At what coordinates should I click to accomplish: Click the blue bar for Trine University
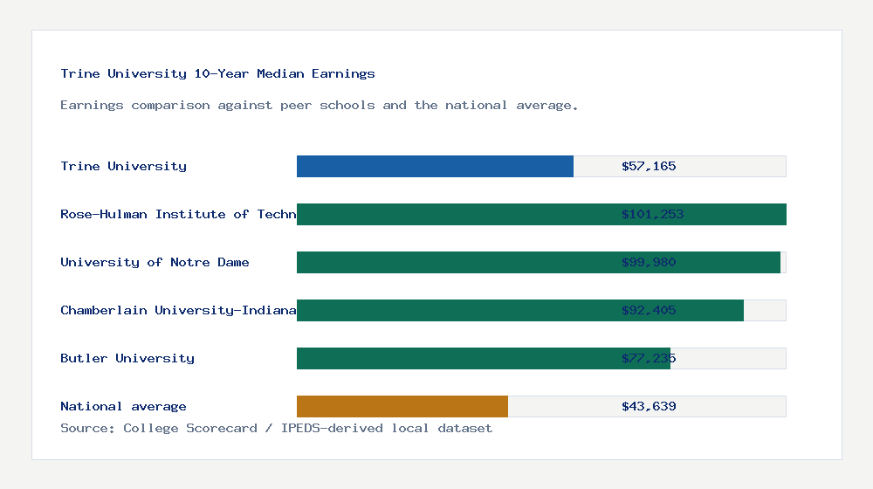[435, 166]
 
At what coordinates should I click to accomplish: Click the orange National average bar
[402, 406]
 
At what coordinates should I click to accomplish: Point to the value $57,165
[649, 166]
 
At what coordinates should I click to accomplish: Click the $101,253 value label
[652, 214]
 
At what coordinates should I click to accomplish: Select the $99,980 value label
[649, 262]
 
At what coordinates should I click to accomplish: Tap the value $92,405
[649, 310]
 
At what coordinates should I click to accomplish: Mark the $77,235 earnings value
[649, 358]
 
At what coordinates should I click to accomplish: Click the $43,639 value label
[649, 406]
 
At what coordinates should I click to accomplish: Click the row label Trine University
[123, 166]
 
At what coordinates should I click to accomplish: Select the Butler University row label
[127, 358]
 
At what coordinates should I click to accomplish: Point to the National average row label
[123, 406]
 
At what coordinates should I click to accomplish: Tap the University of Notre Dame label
[155, 262]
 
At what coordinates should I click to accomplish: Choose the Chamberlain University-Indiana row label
[178, 310]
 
